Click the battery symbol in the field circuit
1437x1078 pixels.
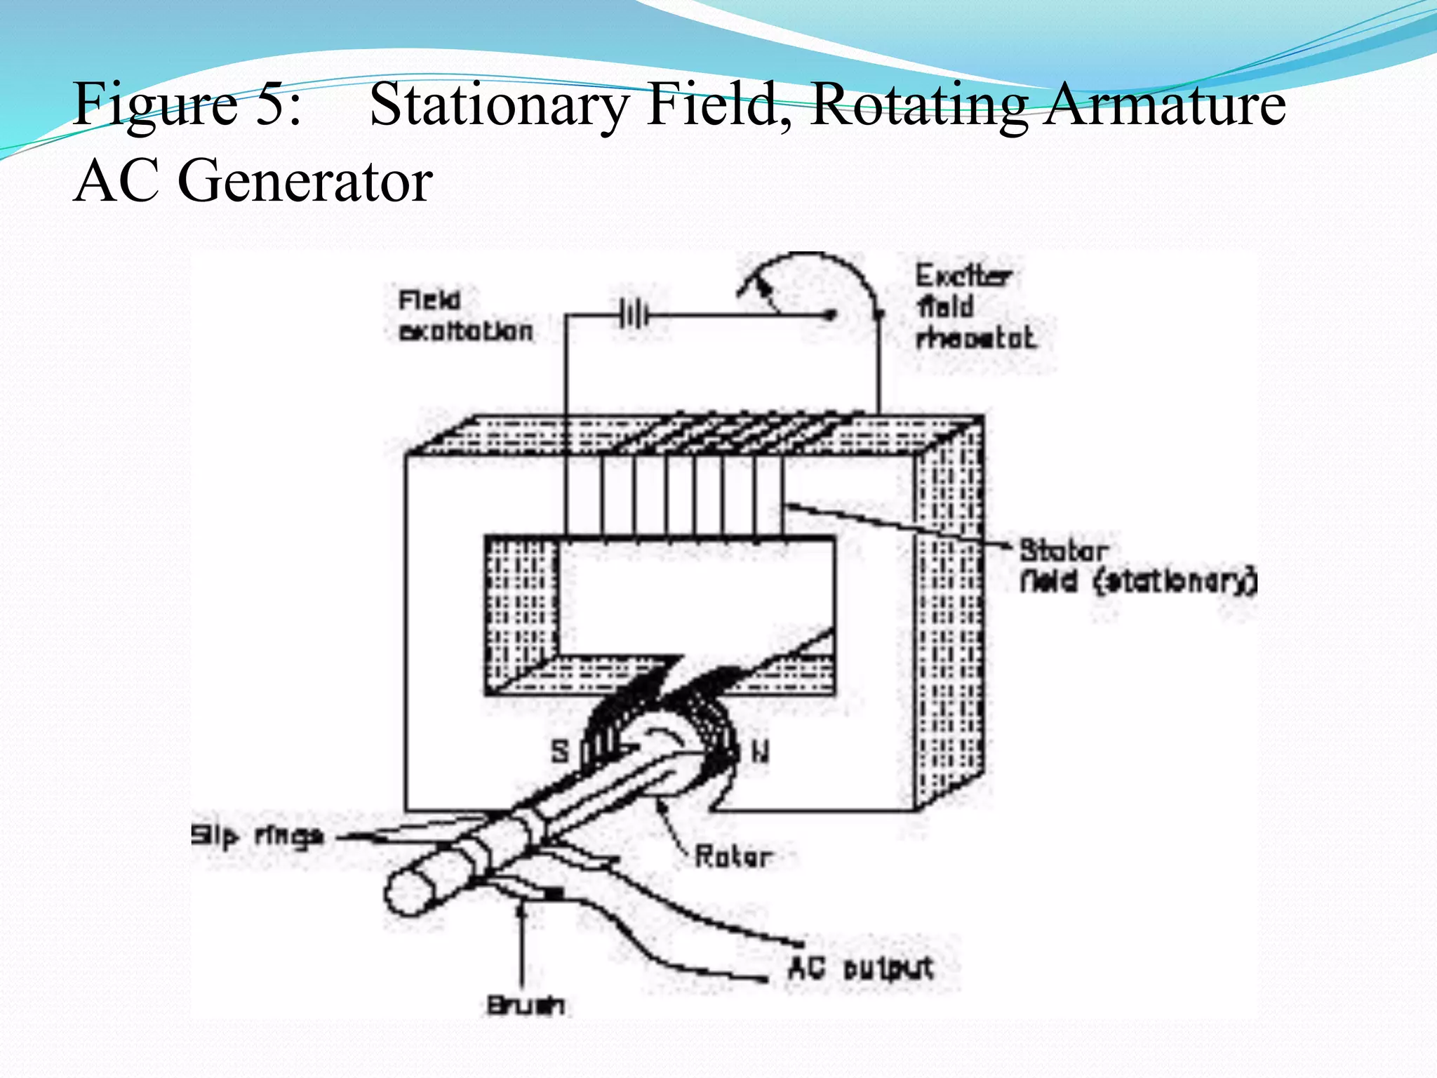[x=634, y=315]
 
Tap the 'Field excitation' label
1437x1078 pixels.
[x=465, y=317]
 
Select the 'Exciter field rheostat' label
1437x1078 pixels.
[x=975, y=307]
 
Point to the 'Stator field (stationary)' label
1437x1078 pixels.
[x=1137, y=566]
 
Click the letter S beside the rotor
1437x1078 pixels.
[x=560, y=752]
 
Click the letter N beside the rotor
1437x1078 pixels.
[x=760, y=752]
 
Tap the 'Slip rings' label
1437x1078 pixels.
[x=258, y=836]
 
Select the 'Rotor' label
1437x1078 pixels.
[x=733, y=856]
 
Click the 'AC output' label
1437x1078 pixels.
[x=860, y=969]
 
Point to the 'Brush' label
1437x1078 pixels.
[x=526, y=1005]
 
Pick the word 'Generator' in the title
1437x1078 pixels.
[x=305, y=181]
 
